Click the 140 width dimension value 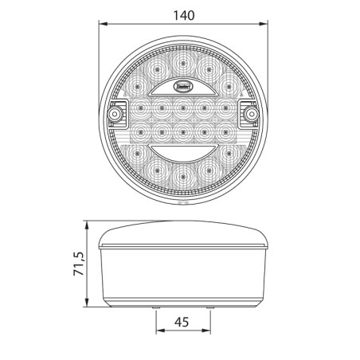[182, 15]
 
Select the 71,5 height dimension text [76, 264]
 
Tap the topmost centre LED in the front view [182, 61]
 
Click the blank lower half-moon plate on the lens [182, 151]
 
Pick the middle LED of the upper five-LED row [182, 104]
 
